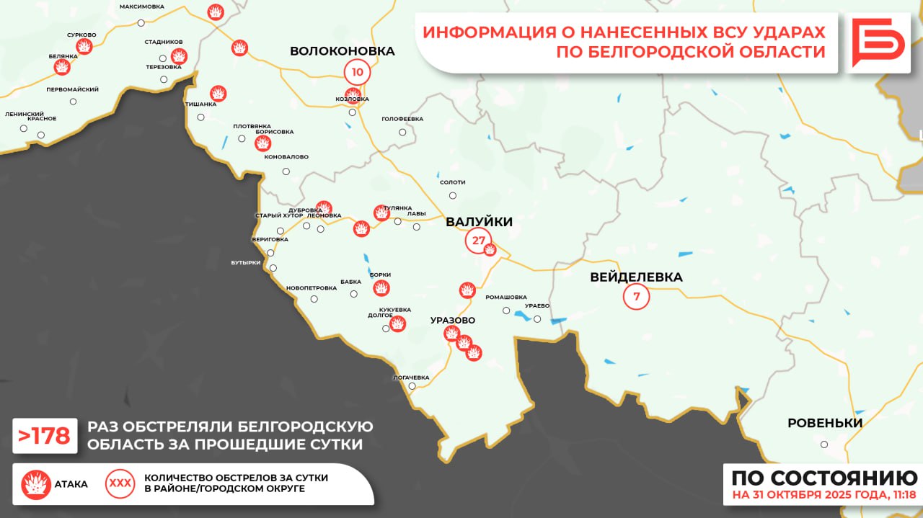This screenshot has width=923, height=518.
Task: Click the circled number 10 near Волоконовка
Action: coord(358,71)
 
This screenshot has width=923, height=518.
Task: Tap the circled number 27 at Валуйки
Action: coord(478,241)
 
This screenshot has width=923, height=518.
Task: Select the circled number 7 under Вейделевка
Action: coord(636,296)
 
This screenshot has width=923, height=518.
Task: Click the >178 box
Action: coord(45,436)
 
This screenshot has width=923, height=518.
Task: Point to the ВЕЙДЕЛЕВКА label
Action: coord(635,277)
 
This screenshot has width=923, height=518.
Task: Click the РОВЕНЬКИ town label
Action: coord(824,423)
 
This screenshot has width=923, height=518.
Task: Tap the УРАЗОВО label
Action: coord(452,320)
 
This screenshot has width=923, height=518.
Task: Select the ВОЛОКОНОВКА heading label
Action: coord(342,51)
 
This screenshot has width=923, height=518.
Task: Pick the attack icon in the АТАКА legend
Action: coord(36,484)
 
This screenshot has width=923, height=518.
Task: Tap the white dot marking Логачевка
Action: coord(412,386)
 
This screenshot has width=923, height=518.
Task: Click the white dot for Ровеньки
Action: coord(824,445)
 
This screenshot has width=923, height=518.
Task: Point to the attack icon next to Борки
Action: coord(381,288)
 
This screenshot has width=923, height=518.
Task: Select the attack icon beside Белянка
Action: coord(63,67)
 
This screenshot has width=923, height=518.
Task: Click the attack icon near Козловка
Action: coord(353,95)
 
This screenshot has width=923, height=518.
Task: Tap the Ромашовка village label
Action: coord(505,297)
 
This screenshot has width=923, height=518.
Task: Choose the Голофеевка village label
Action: coord(402,119)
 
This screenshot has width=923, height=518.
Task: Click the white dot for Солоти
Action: coord(452,195)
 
